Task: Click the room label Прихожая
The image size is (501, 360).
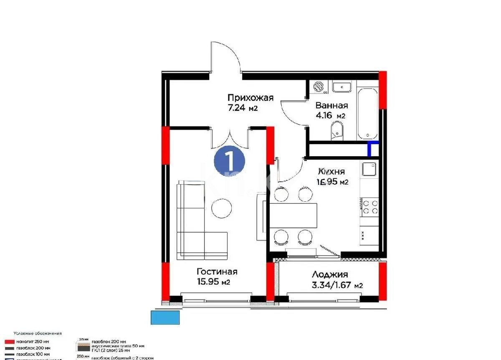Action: coord(250,98)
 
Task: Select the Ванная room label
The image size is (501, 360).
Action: coord(331,105)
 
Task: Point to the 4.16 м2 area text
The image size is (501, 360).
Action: coord(330,116)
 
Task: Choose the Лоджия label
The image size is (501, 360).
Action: coord(330,275)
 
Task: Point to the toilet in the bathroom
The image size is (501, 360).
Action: coord(337,130)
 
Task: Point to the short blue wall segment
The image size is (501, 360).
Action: coord(372,148)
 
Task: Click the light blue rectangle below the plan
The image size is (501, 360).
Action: coord(165,317)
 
